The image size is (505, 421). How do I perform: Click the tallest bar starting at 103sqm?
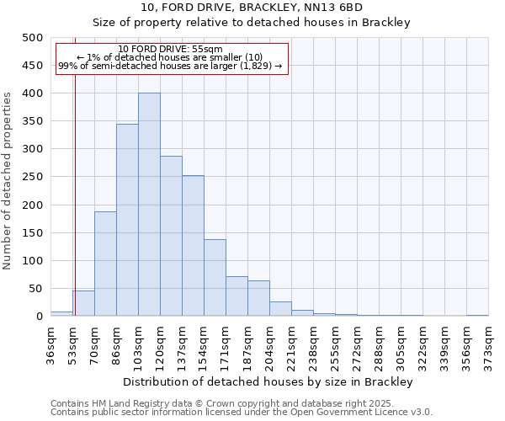pos(149,205)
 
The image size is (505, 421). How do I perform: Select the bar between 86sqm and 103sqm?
pos(127,220)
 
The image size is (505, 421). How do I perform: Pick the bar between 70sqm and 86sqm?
pos(105,264)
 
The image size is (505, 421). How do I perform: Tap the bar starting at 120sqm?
pos(171,236)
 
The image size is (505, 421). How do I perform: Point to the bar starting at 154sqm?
pos(215,278)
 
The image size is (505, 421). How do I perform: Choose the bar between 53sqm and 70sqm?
pos(83,303)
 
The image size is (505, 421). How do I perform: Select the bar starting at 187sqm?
pos(258,298)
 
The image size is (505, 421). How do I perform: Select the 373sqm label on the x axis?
pos(487,344)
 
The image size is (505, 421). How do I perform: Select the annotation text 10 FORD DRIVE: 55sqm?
pos(171,50)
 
